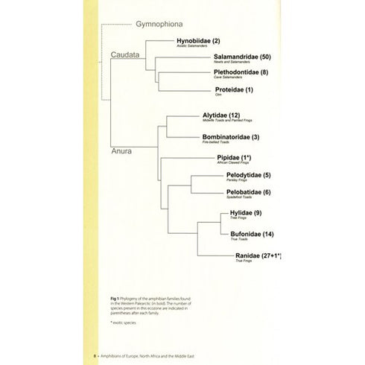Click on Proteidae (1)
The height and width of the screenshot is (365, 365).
[234, 90]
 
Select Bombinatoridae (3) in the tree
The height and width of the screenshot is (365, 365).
[231, 137]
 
